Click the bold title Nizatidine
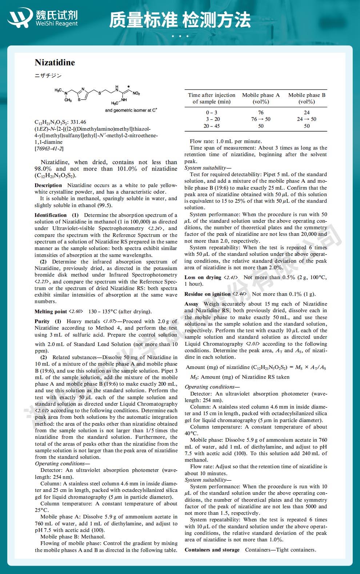tap(55, 63)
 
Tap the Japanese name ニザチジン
tap(48, 76)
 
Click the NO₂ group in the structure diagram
tap(136, 93)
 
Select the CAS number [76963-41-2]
tap(49, 148)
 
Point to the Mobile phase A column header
tap(261, 98)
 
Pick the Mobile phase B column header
tap(307, 98)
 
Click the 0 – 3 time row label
tap(211, 112)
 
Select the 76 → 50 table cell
tap(261, 119)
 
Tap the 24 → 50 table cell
tap(307, 119)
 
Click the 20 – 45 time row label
tap(211, 126)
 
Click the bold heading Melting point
tap(51, 311)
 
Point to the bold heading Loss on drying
tap(203, 277)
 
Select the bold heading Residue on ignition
tap(207, 294)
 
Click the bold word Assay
tap(191, 304)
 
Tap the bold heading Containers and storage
tap(212, 550)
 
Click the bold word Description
tap(48, 186)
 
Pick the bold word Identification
tap(51, 215)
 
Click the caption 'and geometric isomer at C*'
tap(131, 110)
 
